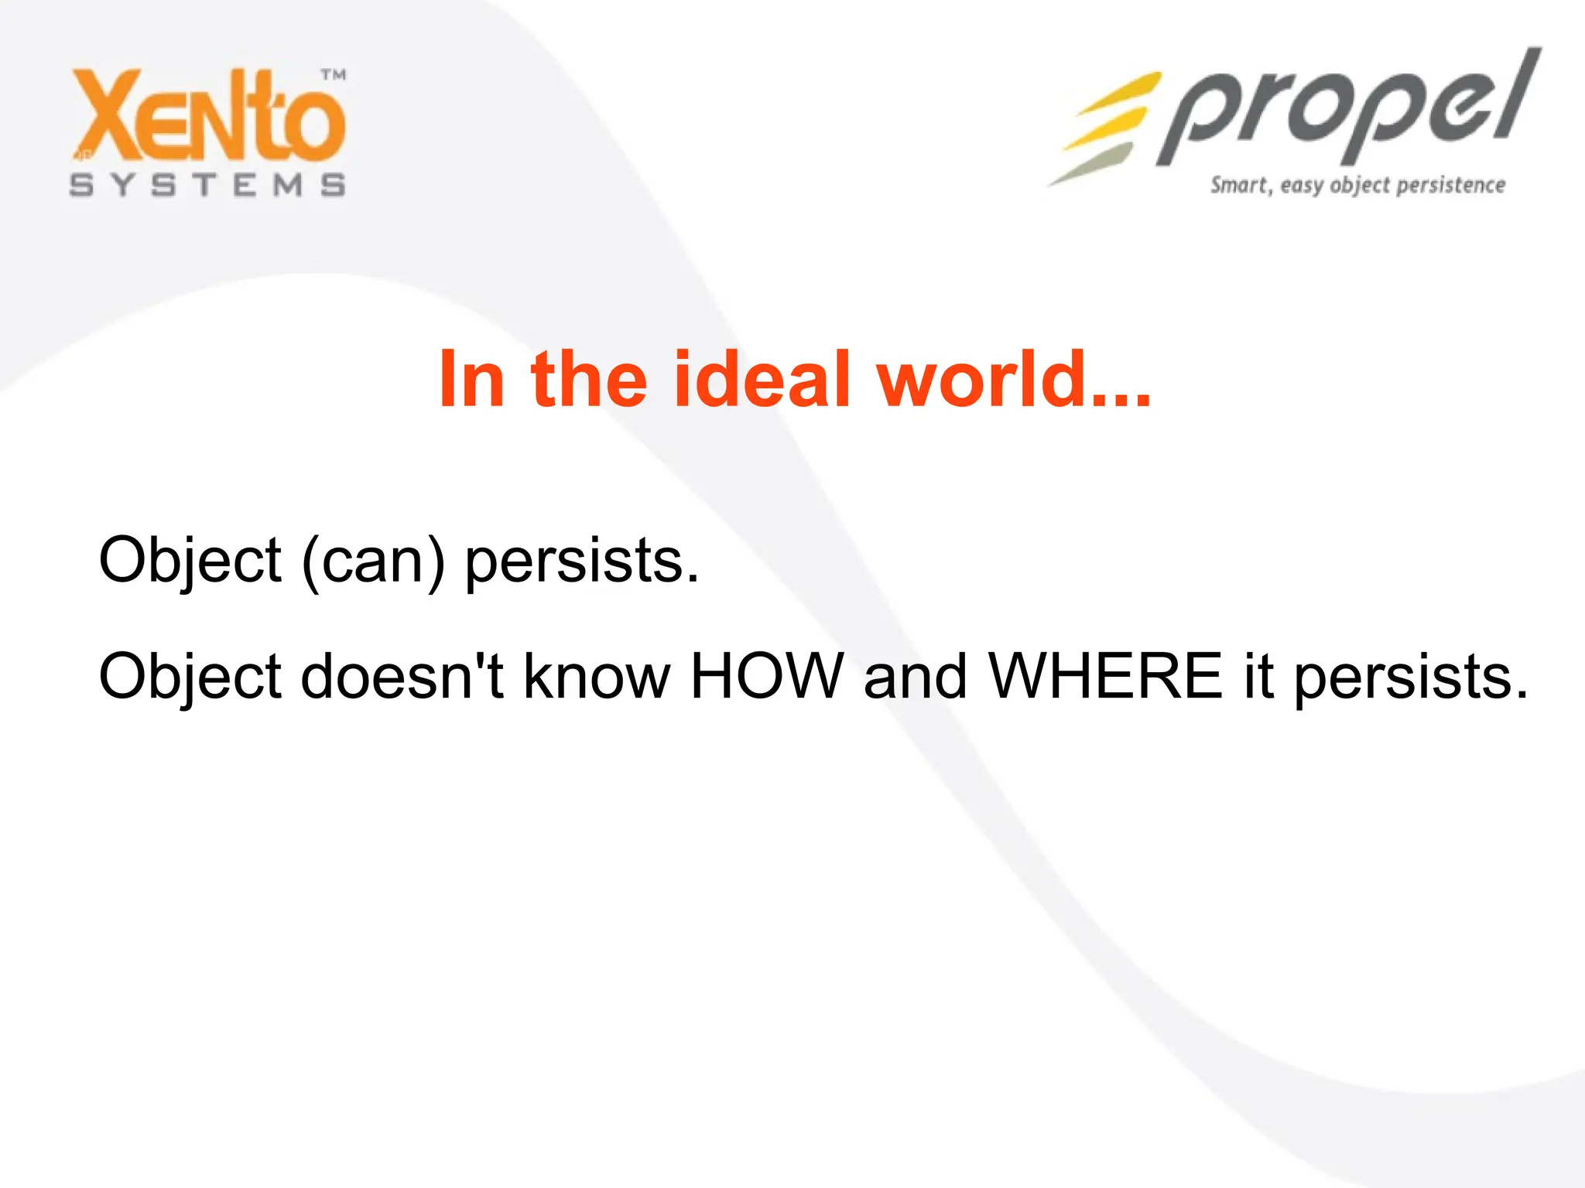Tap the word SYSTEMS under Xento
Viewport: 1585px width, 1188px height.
(x=207, y=186)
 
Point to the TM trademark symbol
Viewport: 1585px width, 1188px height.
(x=334, y=75)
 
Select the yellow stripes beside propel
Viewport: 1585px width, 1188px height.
(x=1107, y=124)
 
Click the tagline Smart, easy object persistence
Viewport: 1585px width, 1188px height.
(x=1357, y=186)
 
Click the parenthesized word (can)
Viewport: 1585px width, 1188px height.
(x=374, y=561)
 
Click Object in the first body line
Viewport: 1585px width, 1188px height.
(x=190, y=561)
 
